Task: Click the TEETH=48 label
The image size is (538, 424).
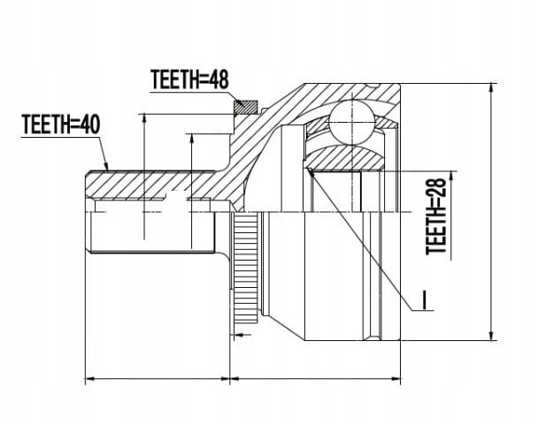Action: (189, 79)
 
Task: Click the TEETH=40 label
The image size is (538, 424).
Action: (61, 124)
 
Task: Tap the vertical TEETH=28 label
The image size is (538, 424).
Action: (436, 216)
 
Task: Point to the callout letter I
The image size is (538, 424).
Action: (425, 300)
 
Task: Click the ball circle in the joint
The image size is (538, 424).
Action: (352, 121)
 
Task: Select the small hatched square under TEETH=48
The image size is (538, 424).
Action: (246, 107)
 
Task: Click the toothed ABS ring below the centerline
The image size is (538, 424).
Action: (245, 268)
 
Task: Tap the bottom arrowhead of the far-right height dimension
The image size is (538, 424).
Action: (492, 336)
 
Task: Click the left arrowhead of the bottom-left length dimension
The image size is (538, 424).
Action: (89, 378)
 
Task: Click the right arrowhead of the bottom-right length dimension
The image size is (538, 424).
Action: (396, 378)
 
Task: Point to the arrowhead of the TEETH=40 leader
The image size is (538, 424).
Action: (106, 166)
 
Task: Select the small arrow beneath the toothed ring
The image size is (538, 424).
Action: (243, 334)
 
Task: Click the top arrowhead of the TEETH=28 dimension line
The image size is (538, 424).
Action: (451, 176)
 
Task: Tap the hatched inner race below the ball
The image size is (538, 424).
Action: (345, 157)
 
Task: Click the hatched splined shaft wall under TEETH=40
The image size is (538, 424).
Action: (151, 185)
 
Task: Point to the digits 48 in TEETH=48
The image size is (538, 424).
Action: (219, 79)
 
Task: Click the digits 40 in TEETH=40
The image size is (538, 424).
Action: (90, 124)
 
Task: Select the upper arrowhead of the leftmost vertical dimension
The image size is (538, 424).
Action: (144, 118)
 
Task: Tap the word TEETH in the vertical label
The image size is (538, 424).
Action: (436, 233)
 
